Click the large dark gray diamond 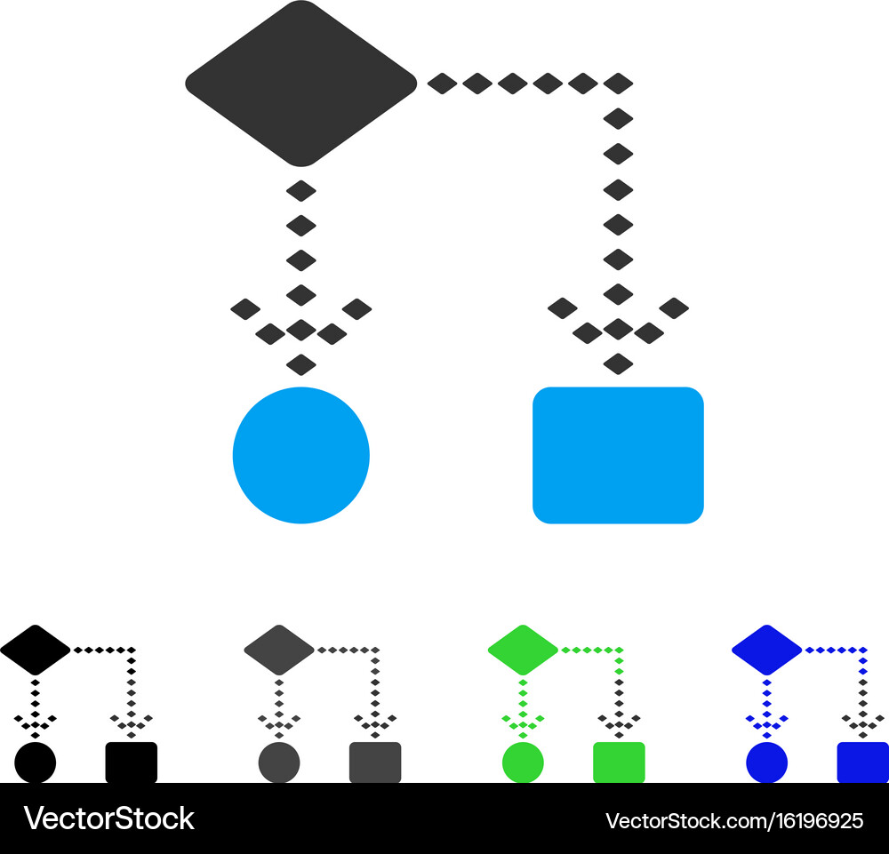[x=301, y=84]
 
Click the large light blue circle [x=301, y=455]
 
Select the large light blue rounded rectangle [x=618, y=455]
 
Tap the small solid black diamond [x=36, y=650]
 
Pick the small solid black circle [x=36, y=762]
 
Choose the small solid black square [x=132, y=762]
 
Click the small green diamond [x=523, y=650]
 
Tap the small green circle [x=523, y=762]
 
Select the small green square [x=619, y=762]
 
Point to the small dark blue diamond [x=766, y=650]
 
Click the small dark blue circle [x=766, y=762]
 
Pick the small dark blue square [x=863, y=762]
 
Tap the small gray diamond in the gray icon [x=279, y=650]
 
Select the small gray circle [x=279, y=762]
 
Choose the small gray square [x=375, y=762]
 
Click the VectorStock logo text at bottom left [x=108, y=818]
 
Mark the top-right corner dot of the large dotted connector [x=618, y=84]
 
